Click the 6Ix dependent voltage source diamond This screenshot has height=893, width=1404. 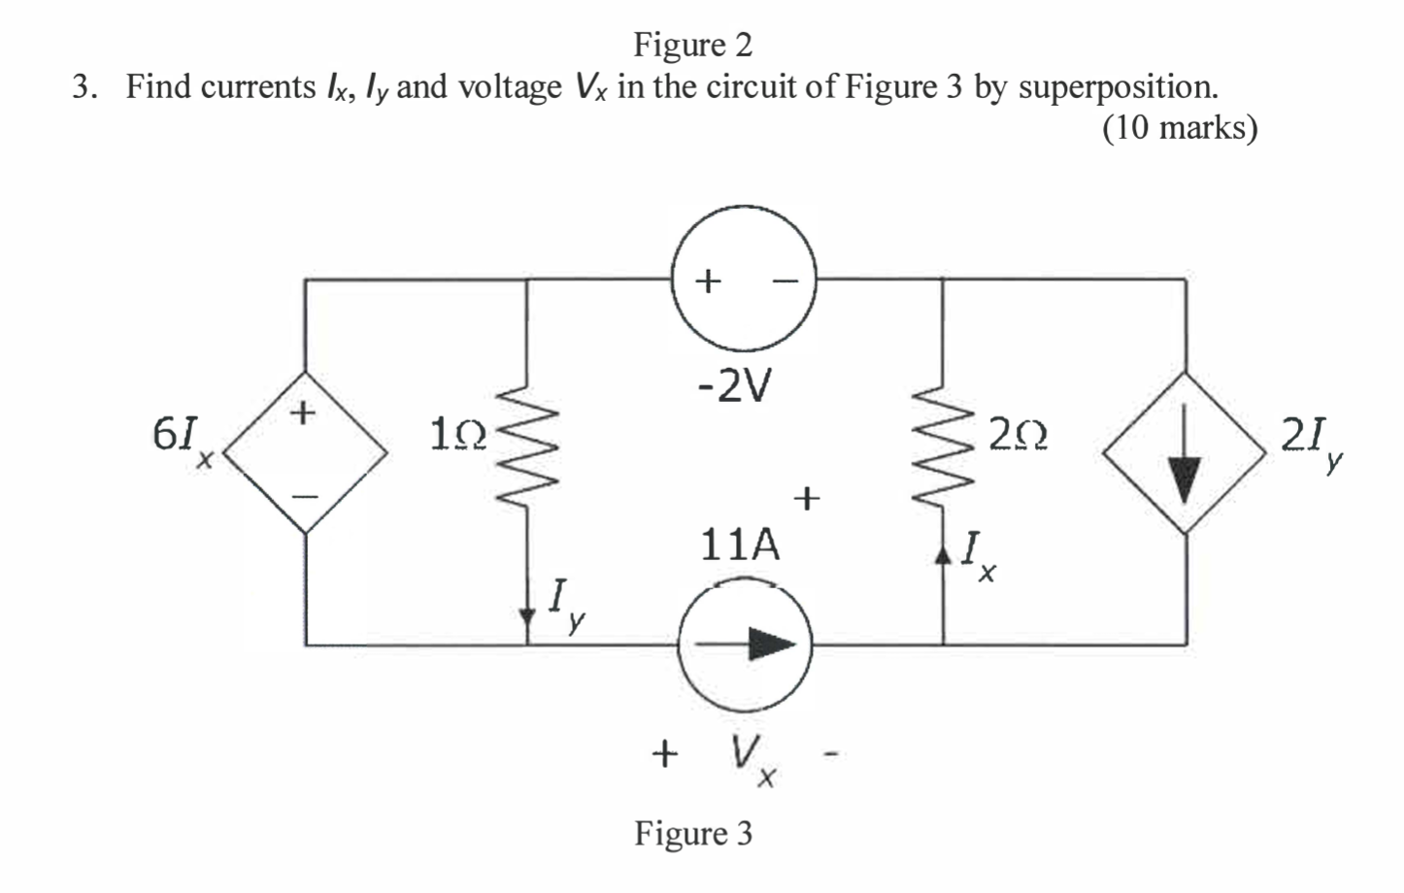click(305, 452)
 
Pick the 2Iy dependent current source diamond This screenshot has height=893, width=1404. click(1184, 452)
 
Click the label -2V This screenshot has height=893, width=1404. click(736, 388)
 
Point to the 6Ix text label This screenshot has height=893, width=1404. click(183, 439)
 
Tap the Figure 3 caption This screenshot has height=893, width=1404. click(693, 833)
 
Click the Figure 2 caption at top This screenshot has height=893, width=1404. click(692, 45)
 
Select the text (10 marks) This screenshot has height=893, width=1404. click(1180, 127)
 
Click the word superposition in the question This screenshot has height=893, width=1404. click(1116, 86)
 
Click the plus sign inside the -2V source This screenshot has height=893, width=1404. click(709, 281)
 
